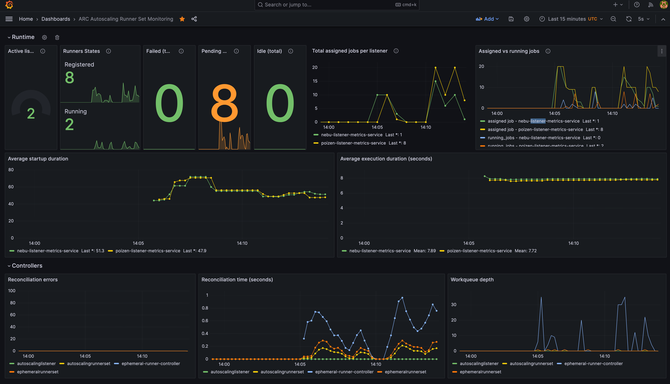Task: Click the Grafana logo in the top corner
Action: pyautogui.click(x=9, y=5)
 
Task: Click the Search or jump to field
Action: pyautogui.click(x=325, y=5)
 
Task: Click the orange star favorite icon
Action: pyautogui.click(x=182, y=19)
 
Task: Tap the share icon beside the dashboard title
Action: pyautogui.click(x=194, y=19)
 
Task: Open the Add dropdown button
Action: pyautogui.click(x=487, y=19)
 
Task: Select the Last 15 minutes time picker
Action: pyautogui.click(x=566, y=19)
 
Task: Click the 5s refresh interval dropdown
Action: pyautogui.click(x=643, y=19)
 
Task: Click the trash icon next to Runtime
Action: pyautogui.click(x=57, y=37)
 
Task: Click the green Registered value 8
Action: pyautogui.click(x=69, y=78)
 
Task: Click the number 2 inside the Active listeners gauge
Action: pyautogui.click(x=31, y=114)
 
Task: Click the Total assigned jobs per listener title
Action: pyautogui.click(x=350, y=51)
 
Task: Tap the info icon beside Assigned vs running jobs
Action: pyautogui.click(x=548, y=51)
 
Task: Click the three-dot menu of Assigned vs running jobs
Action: pyautogui.click(x=662, y=51)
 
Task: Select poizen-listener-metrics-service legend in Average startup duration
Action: pyautogui.click(x=148, y=251)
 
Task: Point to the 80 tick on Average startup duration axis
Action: pyautogui.click(x=11, y=170)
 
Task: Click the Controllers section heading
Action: pyautogui.click(x=27, y=266)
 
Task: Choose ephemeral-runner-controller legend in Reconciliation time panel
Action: pyautogui.click(x=344, y=372)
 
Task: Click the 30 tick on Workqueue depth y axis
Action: pyautogui.click(x=454, y=305)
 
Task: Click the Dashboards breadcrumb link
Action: pyautogui.click(x=56, y=19)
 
